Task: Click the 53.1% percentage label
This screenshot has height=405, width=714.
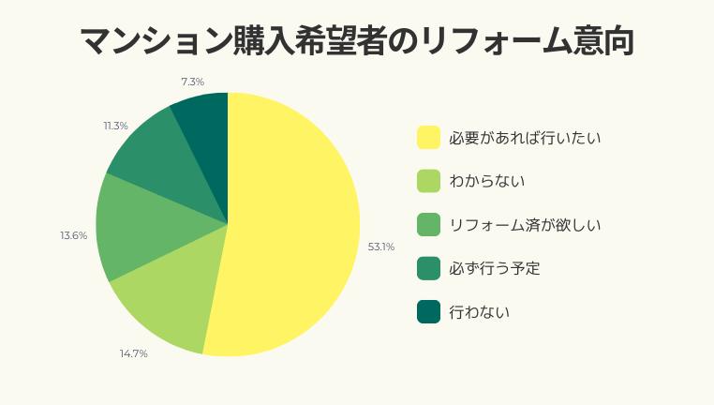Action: coord(381,247)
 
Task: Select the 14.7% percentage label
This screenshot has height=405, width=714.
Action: coord(133,353)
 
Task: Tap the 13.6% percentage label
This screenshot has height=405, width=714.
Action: coord(74,235)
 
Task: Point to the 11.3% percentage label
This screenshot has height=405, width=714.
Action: coord(116,126)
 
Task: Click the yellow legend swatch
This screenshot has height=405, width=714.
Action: coord(428,138)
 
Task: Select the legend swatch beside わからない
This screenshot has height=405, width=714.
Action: coord(428,181)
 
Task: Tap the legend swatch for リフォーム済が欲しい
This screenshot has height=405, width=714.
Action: coord(428,225)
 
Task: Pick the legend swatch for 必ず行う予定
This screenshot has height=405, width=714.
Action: coord(428,268)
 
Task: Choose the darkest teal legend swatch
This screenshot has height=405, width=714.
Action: coord(428,312)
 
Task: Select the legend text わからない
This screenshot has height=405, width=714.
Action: coord(486,181)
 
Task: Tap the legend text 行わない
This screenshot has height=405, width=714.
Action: coord(479,312)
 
